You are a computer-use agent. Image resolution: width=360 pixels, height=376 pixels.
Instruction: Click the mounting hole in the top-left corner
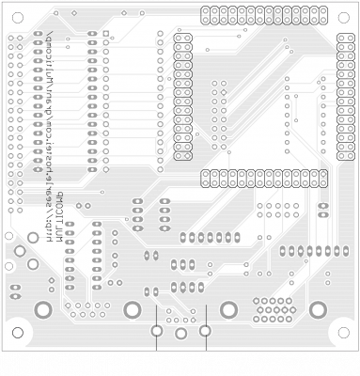click(x=17, y=18)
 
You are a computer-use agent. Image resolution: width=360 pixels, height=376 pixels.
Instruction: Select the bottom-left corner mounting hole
click(x=17, y=332)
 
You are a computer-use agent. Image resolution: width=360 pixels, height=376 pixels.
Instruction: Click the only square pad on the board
click(x=106, y=34)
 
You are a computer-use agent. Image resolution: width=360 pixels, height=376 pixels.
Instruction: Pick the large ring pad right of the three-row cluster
click(x=318, y=309)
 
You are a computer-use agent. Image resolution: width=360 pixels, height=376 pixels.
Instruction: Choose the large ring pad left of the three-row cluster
click(x=228, y=309)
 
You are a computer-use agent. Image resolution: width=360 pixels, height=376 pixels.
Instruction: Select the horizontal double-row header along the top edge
click(x=263, y=15)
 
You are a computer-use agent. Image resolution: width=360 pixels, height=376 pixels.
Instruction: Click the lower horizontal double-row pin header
click(x=263, y=178)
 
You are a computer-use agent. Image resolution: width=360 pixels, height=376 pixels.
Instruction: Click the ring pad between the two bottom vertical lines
click(x=180, y=333)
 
